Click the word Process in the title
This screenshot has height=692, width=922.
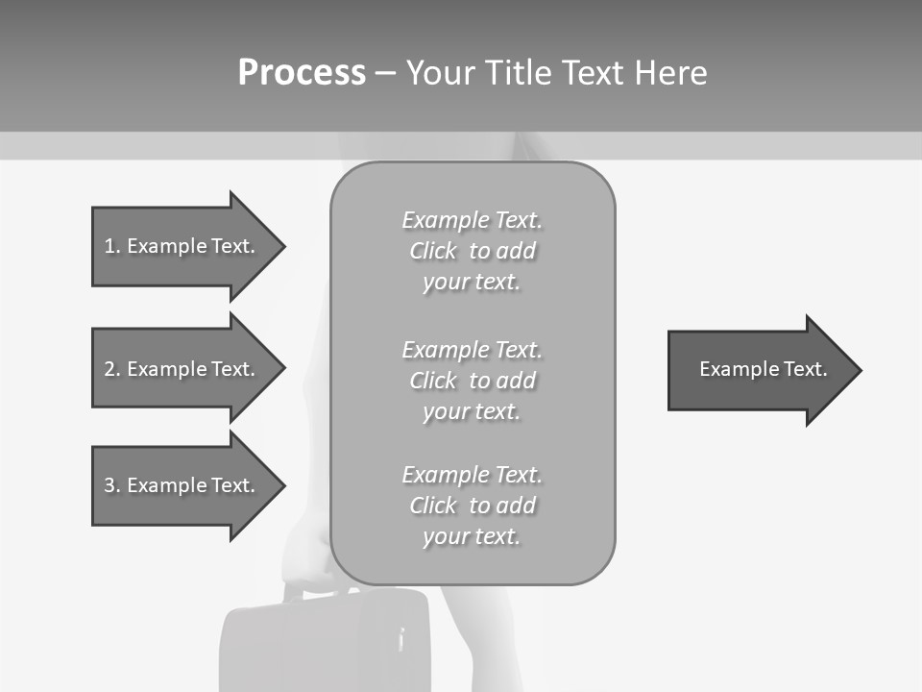[302, 73]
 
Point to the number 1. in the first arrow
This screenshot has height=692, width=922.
[112, 246]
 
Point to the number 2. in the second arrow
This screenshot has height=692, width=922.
[112, 369]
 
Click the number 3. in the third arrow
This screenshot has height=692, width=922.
[112, 485]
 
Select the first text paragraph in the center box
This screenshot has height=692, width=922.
[472, 251]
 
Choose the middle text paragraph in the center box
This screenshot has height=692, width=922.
[472, 381]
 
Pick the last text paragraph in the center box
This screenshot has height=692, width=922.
[472, 506]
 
